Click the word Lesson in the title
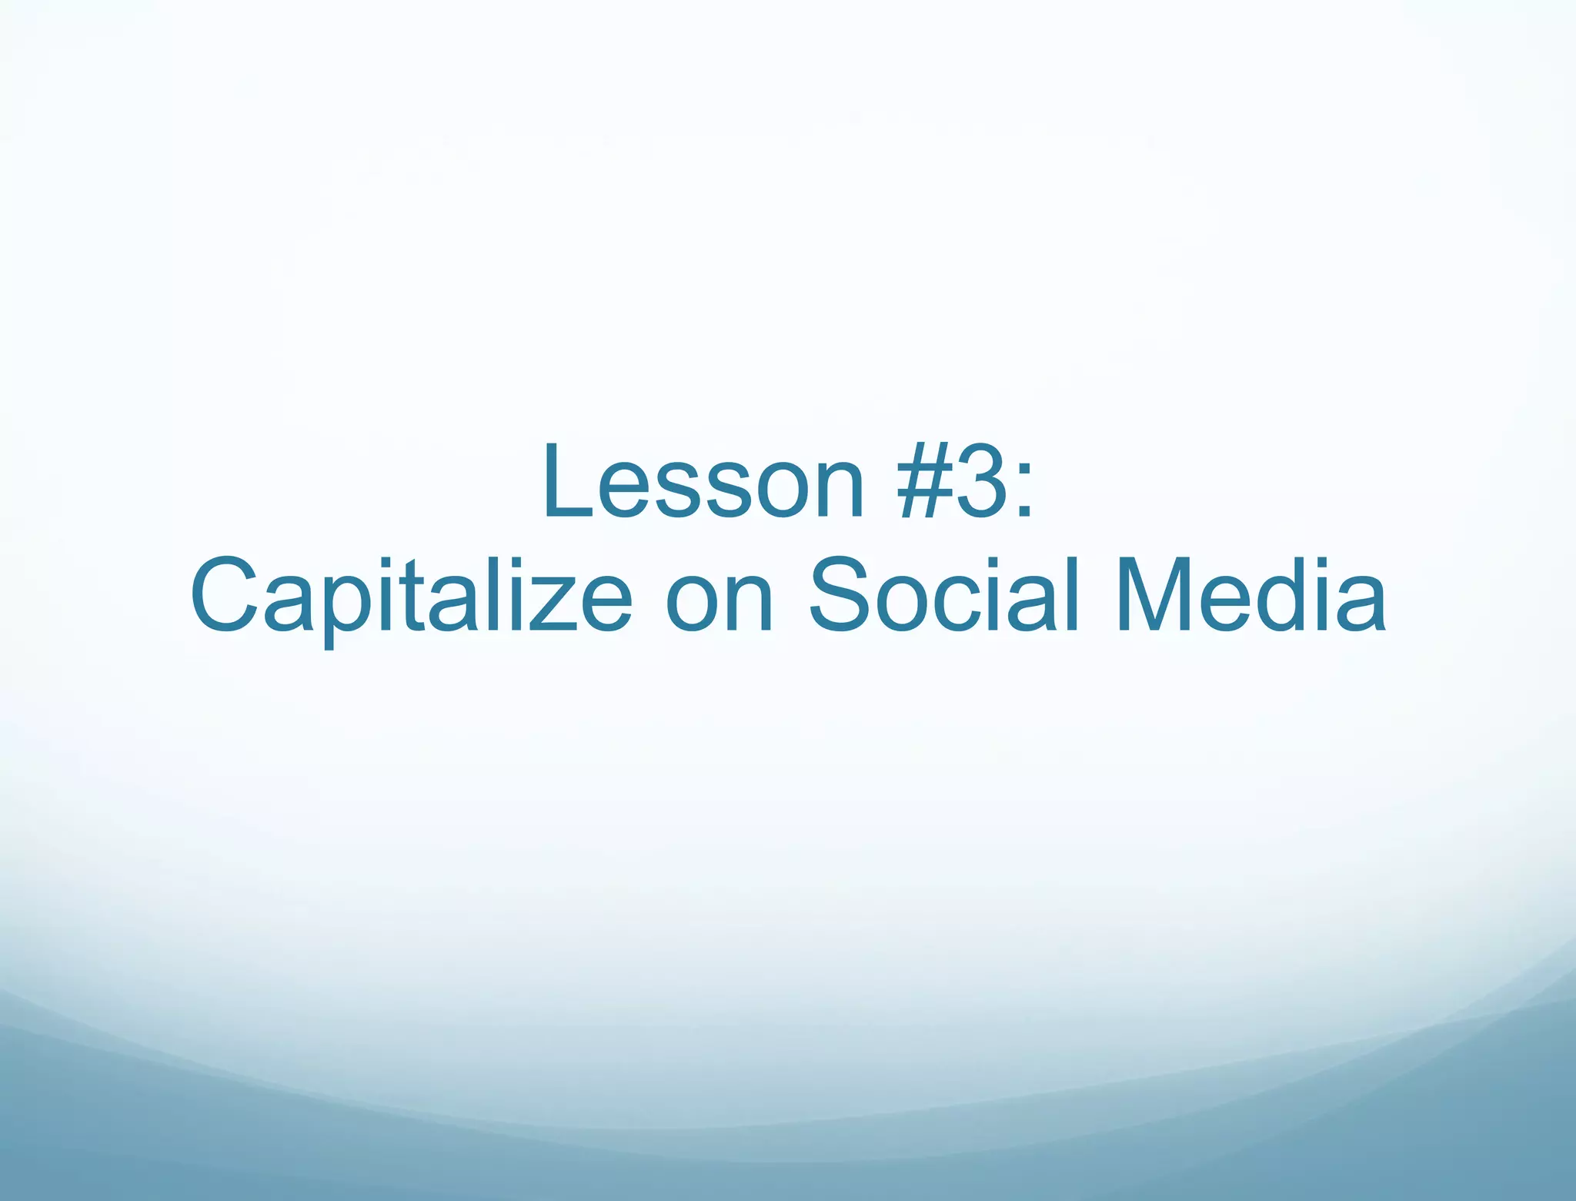(703, 483)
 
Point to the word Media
(1250, 594)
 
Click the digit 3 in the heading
(982, 483)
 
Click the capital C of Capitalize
(223, 594)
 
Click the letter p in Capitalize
(347, 612)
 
